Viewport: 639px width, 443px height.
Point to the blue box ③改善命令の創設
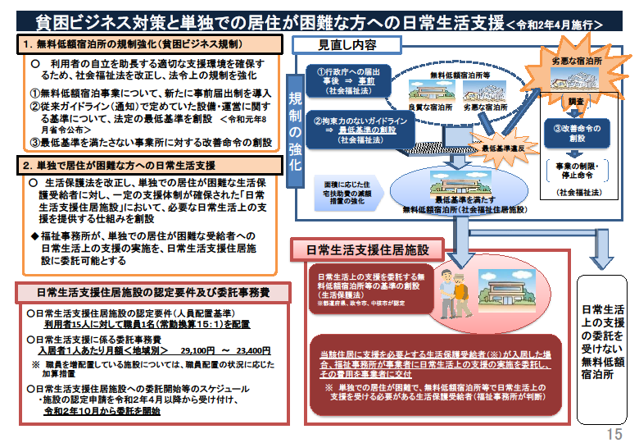click(x=578, y=134)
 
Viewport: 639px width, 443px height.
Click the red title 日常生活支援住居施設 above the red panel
click(x=361, y=249)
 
